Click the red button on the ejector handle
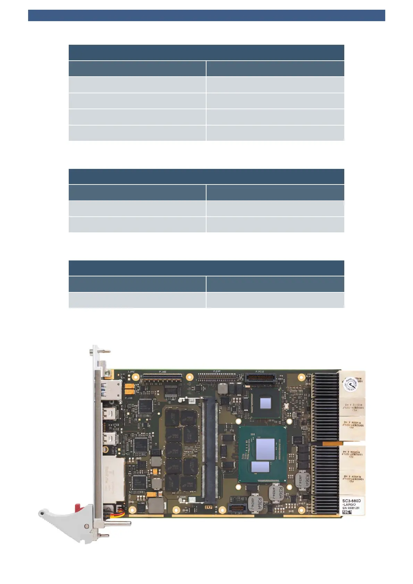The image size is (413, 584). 78,507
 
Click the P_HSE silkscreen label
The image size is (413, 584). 162,372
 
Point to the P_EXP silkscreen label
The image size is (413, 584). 217,371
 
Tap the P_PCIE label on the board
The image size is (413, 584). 260,372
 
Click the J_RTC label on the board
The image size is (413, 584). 131,372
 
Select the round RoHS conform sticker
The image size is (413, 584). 350,384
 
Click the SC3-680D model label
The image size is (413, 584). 351,501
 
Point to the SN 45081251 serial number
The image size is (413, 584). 351,508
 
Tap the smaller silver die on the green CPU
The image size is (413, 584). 260,467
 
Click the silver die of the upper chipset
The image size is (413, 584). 265,403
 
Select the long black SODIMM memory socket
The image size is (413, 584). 209,451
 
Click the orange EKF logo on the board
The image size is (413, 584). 208,507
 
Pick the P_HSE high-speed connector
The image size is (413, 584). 162,376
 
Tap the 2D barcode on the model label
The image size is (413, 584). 346,512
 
